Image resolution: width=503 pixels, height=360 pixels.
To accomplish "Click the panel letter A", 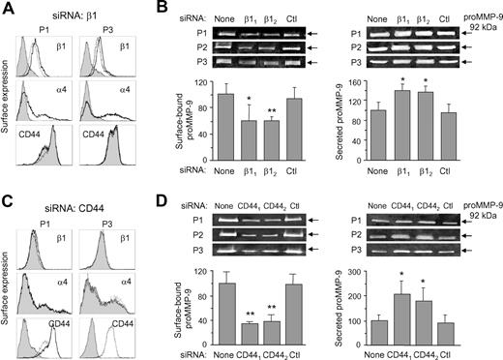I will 9,8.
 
